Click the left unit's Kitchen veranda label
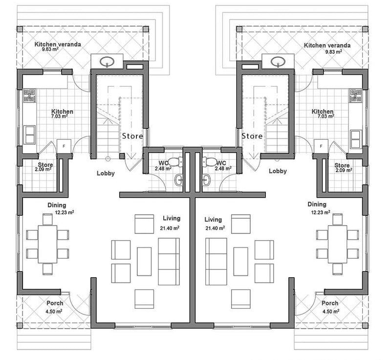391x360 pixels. click(x=58, y=44)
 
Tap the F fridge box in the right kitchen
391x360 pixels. click(x=321, y=146)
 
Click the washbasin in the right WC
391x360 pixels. click(x=206, y=180)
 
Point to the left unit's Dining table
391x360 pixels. click(x=47, y=244)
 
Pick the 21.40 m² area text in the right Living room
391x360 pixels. click(x=215, y=228)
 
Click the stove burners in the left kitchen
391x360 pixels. click(x=30, y=95)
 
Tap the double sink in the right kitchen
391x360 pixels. click(x=356, y=139)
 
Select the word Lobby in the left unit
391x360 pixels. click(x=106, y=173)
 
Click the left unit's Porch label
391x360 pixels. click(x=55, y=303)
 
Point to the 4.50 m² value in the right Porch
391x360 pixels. click(x=331, y=312)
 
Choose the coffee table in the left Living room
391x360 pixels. click(x=144, y=262)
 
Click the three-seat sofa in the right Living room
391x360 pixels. click(x=216, y=262)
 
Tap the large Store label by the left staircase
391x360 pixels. click(x=132, y=136)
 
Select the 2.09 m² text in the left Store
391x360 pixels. click(x=43, y=169)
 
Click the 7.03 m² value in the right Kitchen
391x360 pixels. click(x=326, y=116)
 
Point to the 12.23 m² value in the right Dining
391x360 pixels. click(x=321, y=212)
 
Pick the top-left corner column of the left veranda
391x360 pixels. click(x=20, y=29)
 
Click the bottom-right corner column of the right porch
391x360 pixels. click(x=365, y=326)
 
